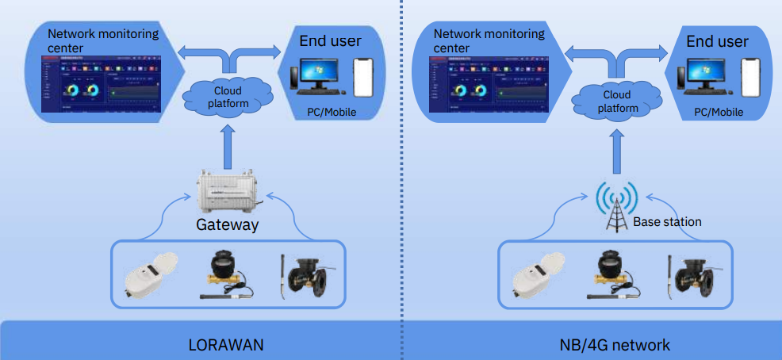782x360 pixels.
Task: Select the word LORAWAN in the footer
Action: tap(227, 345)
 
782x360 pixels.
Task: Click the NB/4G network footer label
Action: tap(614, 345)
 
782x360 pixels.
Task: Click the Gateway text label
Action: tap(227, 225)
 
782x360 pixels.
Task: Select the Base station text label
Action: tap(667, 222)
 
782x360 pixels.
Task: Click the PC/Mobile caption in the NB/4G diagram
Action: tap(719, 113)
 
